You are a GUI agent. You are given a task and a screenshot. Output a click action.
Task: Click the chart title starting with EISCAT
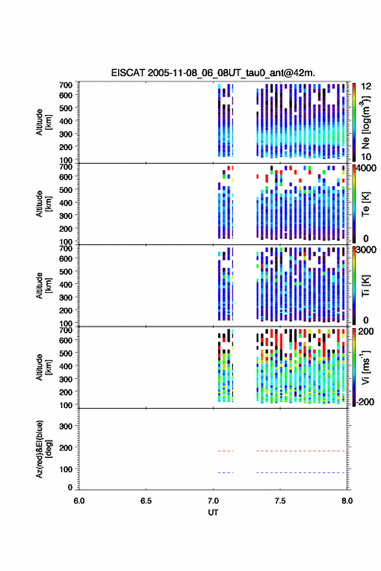point(213,73)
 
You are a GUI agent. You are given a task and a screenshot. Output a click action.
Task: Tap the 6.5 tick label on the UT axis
point(146,501)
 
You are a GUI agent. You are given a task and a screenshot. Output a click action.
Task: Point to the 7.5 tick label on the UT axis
point(280,501)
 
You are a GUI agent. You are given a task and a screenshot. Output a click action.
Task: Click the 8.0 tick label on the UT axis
point(347,501)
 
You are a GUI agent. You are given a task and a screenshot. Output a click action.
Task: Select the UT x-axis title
point(213,513)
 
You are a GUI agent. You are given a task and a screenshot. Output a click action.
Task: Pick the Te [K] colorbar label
point(365,204)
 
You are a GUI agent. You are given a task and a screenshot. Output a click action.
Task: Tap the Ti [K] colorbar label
point(365,286)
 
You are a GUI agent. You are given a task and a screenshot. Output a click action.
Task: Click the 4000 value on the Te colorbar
point(366,168)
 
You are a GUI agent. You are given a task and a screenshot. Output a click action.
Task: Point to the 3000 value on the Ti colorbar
point(366,250)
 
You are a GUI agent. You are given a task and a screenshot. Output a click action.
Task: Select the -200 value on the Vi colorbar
point(365,401)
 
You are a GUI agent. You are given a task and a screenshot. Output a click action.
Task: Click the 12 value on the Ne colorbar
point(366,86)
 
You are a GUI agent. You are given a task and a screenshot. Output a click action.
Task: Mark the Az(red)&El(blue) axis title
point(43,449)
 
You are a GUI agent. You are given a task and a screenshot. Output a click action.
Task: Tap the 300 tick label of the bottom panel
point(66,426)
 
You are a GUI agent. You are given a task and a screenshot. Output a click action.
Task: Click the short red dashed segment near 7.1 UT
point(225,451)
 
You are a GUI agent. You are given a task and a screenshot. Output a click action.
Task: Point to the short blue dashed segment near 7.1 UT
point(225,473)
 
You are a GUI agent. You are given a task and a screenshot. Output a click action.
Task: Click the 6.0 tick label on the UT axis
point(79,501)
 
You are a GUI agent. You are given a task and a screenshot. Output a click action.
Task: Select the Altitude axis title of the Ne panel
point(43,122)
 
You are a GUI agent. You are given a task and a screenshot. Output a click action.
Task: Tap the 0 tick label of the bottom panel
point(70,487)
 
